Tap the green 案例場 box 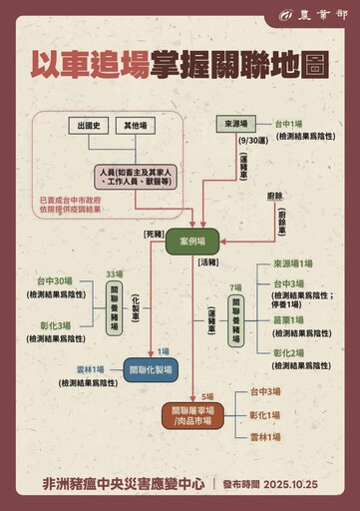pos(191,243)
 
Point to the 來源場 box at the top pos(235,123)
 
